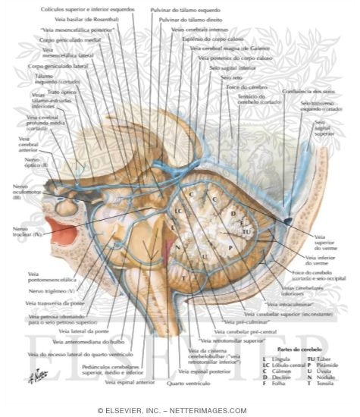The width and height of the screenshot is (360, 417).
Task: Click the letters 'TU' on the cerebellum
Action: [x=246, y=230]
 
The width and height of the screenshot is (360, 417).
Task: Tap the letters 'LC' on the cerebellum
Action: [x=178, y=210]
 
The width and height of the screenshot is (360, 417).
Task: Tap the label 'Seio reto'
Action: [x=225, y=77]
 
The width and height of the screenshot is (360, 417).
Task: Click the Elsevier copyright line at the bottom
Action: [x=180, y=410]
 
